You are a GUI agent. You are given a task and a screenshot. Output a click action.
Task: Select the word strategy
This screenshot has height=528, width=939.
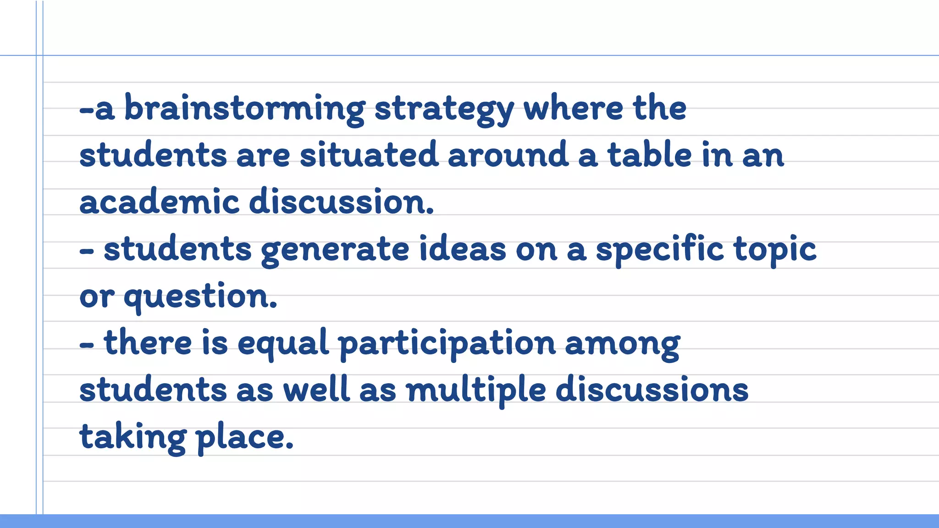[x=444, y=110]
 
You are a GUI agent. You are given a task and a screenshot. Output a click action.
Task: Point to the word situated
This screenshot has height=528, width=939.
[x=369, y=154]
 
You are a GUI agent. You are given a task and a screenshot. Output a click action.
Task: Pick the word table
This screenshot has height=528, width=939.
[x=649, y=154]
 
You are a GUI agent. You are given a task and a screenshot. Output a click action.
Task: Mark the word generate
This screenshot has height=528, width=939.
[x=335, y=250]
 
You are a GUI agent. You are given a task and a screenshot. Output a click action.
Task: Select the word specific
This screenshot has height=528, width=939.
[x=659, y=250]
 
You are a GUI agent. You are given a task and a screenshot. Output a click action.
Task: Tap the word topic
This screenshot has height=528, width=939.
[x=775, y=250]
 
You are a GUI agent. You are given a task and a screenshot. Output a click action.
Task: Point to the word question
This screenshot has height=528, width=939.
[x=200, y=297]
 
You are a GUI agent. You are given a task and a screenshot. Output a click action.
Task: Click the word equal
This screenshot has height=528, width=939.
[x=283, y=343]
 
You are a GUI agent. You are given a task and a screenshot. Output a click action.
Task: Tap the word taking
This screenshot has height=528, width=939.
[x=133, y=438]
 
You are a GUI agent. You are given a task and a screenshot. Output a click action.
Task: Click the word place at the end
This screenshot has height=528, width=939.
[x=244, y=438]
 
